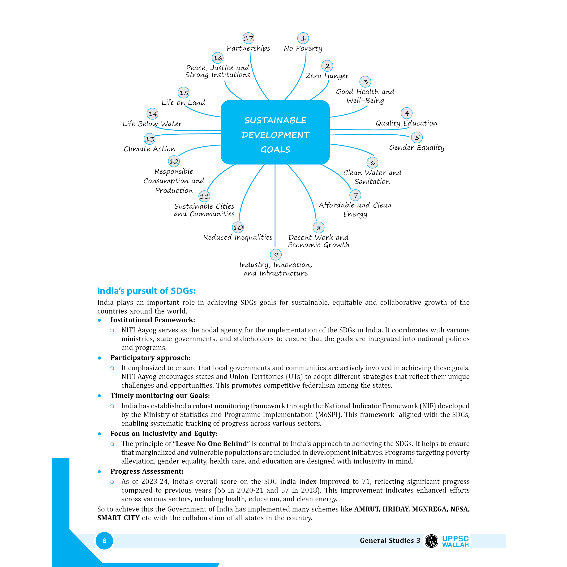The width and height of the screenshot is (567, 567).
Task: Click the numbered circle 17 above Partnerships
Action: pyautogui.click(x=248, y=38)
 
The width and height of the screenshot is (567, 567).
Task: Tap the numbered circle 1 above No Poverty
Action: pyautogui.click(x=303, y=38)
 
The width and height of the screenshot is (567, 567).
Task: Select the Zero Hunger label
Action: pyautogui.click(x=327, y=76)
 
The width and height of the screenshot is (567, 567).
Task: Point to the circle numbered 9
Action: pyautogui.click(x=275, y=255)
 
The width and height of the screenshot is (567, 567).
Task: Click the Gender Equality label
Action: pyautogui.click(x=417, y=147)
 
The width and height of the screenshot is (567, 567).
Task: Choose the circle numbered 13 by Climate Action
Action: pyautogui.click(x=150, y=139)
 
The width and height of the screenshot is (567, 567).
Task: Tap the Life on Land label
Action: pyautogui.click(x=183, y=103)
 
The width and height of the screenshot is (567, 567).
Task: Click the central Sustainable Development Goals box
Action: pyautogui.click(x=275, y=132)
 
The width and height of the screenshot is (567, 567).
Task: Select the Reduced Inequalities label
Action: pyautogui.click(x=238, y=237)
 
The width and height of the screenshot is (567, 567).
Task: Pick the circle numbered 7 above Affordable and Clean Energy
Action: pyautogui.click(x=355, y=195)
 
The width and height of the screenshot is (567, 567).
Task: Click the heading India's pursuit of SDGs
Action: pyautogui.click(x=146, y=291)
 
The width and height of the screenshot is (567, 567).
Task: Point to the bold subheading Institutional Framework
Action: pyautogui.click(x=153, y=320)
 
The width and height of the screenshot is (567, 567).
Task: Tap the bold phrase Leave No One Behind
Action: pyautogui.click(x=211, y=443)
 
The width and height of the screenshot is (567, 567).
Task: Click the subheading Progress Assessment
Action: pyautogui.click(x=147, y=471)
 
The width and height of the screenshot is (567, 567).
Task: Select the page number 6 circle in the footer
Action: pyautogui.click(x=104, y=541)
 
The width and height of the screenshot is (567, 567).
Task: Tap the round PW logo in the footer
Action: pyautogui.click(x=431, y=541)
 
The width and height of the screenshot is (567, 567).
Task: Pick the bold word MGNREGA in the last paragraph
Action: pyautogui.click(x=430, y=509)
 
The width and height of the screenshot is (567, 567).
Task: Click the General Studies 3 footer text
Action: pyautogui.click(x=390, y=541)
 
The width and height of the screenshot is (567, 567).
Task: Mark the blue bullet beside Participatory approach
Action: pyautogui.click(x=99, y=358)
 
